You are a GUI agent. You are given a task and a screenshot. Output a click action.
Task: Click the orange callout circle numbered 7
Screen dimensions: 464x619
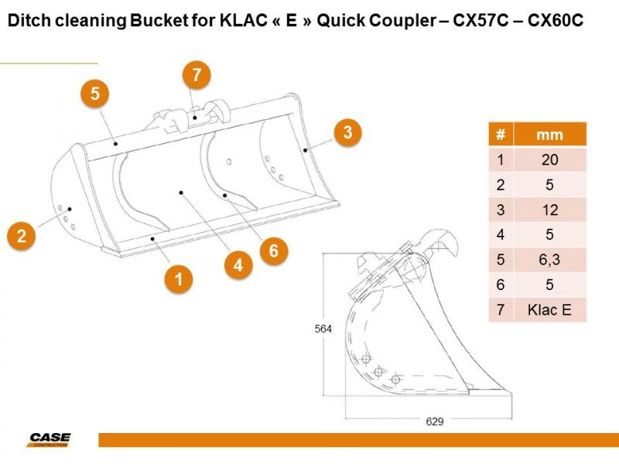[197, 75]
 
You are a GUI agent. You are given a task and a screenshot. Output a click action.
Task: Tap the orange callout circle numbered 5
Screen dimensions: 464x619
[94, 94]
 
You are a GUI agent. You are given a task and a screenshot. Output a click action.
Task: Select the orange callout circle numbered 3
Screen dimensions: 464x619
[348, 132]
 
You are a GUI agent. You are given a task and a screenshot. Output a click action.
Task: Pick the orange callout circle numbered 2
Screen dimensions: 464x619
[22, 235]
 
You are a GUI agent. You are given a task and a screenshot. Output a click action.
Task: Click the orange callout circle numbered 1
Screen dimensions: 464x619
[179, 278]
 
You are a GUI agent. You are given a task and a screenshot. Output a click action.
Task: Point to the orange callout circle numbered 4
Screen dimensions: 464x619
[238, 265]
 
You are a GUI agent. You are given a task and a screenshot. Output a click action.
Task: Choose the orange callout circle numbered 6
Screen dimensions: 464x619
[273, 250]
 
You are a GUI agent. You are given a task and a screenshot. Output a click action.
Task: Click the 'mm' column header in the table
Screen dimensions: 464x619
[549, 135]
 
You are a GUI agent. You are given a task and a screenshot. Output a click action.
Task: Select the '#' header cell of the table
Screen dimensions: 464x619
[501, 135]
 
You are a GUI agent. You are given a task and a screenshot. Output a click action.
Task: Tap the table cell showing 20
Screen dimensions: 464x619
[549, 160]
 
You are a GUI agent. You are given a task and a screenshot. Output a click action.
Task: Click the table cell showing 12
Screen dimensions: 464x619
[549, 210]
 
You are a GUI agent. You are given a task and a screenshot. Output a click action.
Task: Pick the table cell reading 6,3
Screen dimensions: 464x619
[549, 260]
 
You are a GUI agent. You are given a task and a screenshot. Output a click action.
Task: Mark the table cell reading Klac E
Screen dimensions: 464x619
[549, 310]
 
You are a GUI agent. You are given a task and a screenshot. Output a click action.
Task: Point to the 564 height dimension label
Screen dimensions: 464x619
[323, 329]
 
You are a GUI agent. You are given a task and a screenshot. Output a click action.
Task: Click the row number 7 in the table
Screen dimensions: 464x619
[501, 310]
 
